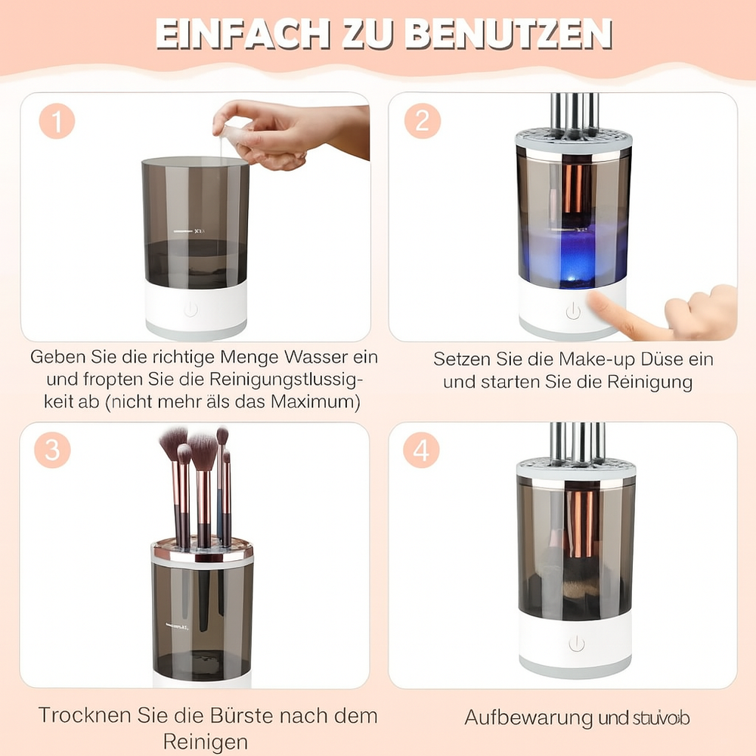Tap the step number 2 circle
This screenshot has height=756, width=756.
pos(423,121)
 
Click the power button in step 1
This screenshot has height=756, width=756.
pos(191,309)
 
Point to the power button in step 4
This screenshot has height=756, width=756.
pos(577,643)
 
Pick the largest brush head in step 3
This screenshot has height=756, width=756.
pos(203,451)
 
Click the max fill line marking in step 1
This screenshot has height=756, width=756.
pos(185,230)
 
